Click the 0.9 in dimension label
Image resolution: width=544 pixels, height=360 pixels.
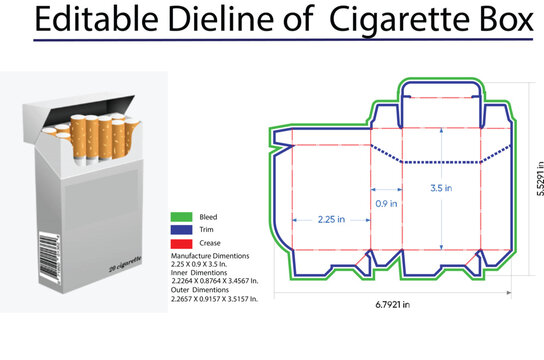click(x=386, y=203)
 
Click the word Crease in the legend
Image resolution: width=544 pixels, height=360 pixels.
click(x=208, y=243)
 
